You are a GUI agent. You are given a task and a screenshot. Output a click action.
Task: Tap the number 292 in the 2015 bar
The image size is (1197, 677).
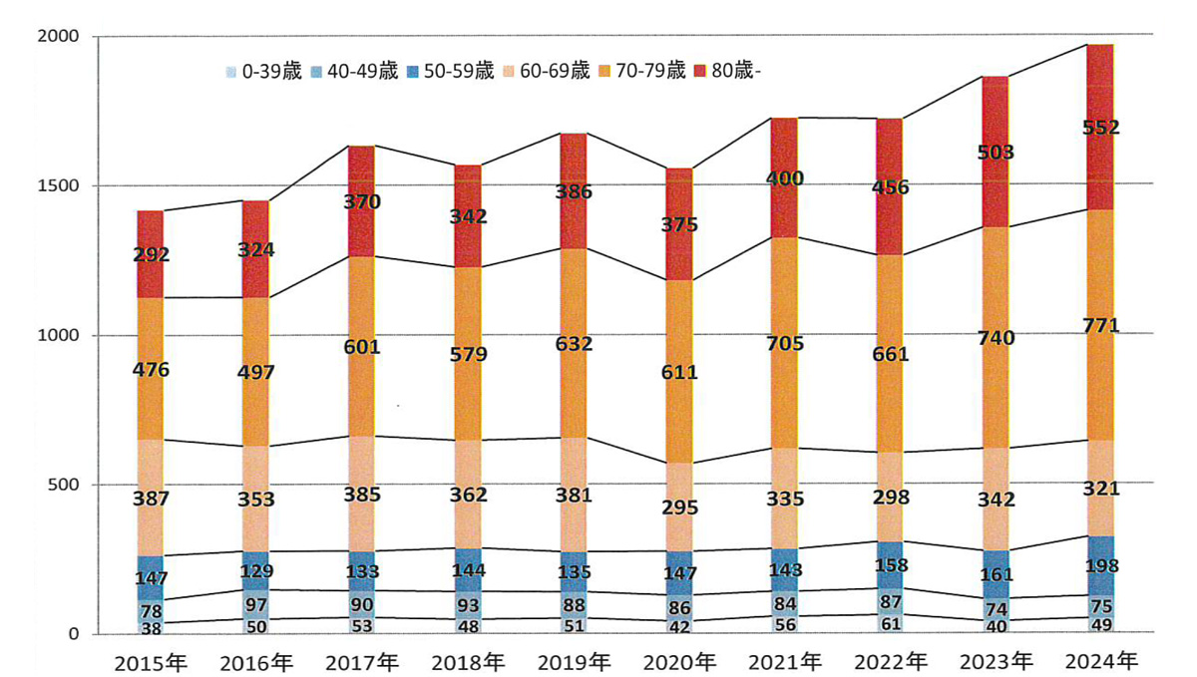pyautogui.click(x=151, y=254)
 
